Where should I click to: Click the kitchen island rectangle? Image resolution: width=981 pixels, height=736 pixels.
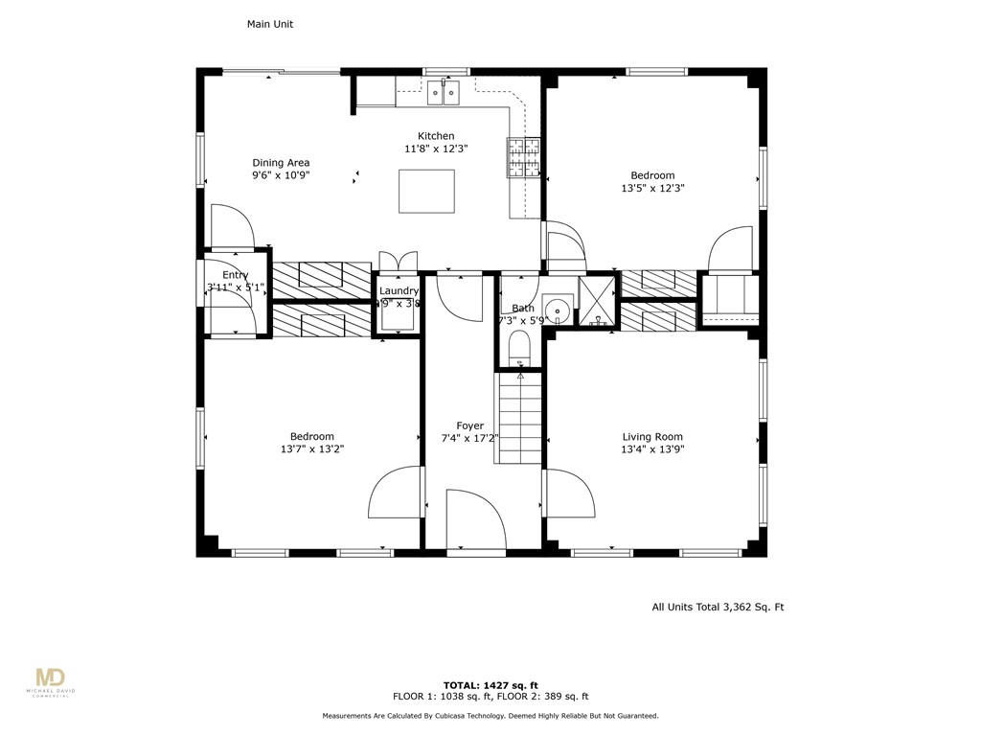(x=426, y=191)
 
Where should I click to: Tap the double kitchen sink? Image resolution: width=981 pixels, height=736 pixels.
(x=443, y=91)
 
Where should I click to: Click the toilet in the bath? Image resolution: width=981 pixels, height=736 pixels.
(x=518, y=348)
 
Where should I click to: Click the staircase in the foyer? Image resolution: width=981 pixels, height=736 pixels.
(x=518, y=418)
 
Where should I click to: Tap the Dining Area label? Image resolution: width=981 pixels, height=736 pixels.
(x=281, y=163)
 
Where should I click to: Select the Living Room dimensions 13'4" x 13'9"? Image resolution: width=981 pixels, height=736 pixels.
(x=652, y=448)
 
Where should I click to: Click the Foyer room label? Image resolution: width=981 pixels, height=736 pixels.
(x=469, y=425)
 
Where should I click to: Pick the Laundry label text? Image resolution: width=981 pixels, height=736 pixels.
(x=399, y=291)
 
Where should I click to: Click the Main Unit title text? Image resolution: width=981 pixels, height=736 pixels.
(x=270, y=25)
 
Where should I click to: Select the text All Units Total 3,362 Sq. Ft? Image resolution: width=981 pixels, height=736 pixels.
(x=718, y=607)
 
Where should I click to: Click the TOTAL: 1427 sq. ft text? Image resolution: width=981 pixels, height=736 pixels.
(x=490, y=685)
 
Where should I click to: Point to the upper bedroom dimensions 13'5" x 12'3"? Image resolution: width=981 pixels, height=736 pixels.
(x=652, y=188)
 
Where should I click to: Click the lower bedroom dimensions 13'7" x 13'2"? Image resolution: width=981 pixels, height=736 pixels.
(x=312, y=448)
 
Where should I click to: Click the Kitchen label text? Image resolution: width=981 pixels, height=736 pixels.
(x=436, y=136)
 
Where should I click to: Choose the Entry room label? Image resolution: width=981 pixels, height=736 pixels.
(x=235, y=275)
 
